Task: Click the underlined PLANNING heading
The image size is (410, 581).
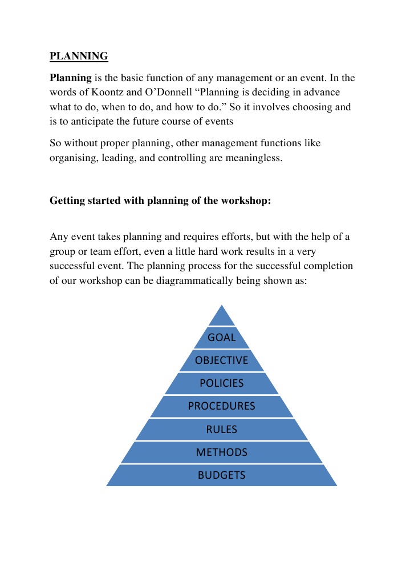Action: click(79, 56)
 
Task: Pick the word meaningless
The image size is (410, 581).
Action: click(254, 158)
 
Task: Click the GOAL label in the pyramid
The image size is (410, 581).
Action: click(222, 338)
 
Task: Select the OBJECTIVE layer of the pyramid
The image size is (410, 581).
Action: click(222, 360)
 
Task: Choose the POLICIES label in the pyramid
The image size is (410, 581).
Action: click(222, 383)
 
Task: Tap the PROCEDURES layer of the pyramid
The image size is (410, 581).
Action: click(222, 406)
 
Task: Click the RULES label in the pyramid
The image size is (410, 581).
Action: click(222, 430)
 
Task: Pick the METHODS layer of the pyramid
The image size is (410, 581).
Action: click(222, 452)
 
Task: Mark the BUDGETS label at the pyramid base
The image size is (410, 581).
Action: click(222, 475)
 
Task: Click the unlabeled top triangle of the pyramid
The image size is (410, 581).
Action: click(222, 317)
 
